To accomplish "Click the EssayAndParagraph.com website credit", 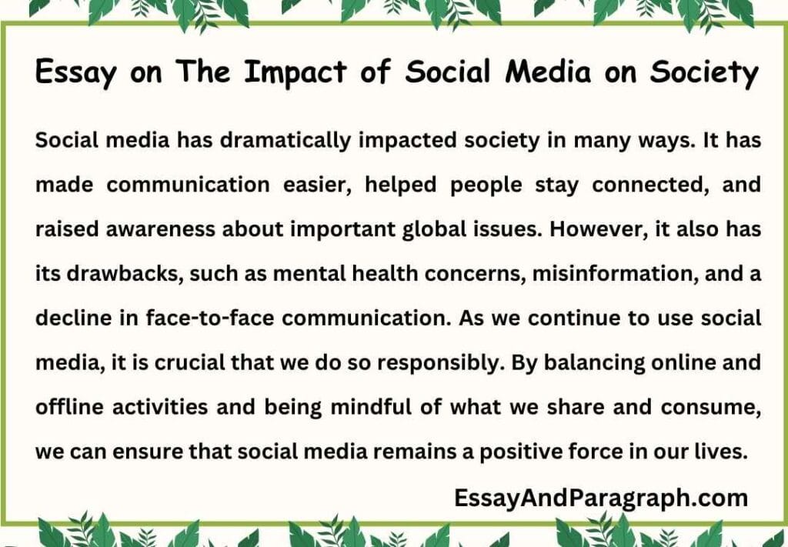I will pos(600,498).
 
